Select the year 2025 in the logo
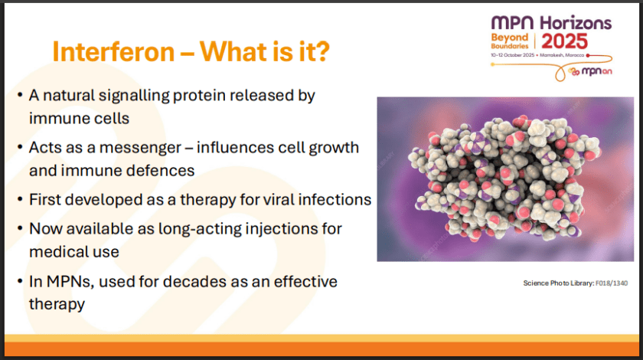click(576, 41)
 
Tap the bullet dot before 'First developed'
click(19, 200)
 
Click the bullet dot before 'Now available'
click(19, 229)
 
